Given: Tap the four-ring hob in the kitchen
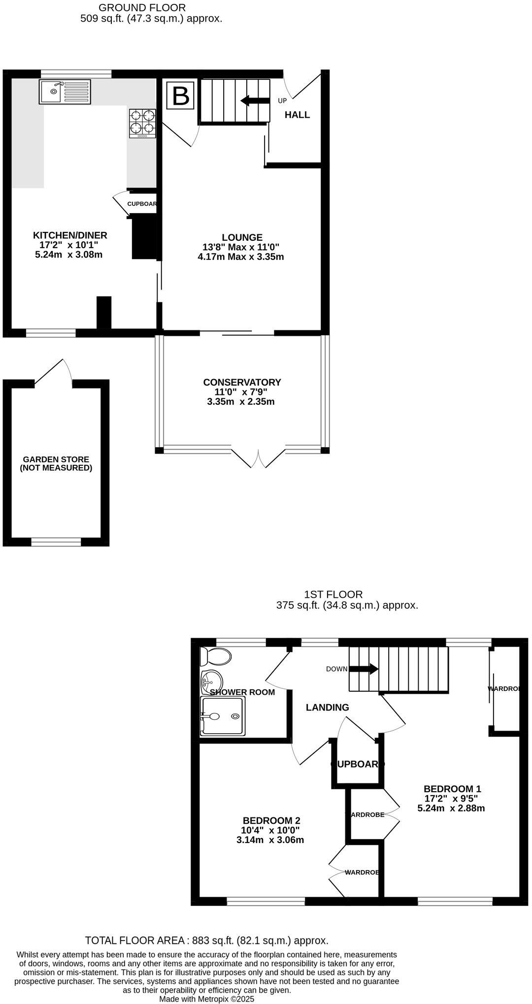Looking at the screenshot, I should point(142,123).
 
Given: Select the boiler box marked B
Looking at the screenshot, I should point(181,96).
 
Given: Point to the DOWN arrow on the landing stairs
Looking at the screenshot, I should point(364,669).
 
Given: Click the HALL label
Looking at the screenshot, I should point(297,115).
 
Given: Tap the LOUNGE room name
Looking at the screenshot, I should point(242,237).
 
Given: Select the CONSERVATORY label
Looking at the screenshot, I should point(242,382).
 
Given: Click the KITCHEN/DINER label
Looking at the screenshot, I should point(70,235).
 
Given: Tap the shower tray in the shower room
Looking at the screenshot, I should point(222,716).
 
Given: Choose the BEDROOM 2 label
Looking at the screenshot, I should point(271,820).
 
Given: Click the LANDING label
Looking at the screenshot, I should point(327,708).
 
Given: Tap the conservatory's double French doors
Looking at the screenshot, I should point(257,456).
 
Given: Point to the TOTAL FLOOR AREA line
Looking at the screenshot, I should point(206,940).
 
